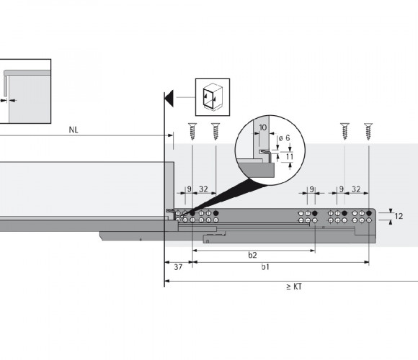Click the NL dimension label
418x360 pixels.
pyautogui.click(x=74, y=130)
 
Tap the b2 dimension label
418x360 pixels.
pyautogui.click(x=252, y=255)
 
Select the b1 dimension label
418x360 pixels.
pyautogui.click(x=265, y=267)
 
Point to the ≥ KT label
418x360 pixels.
pyautogui.click(x=294, y=287)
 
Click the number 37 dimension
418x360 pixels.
pyautogui.click(x=178, y=267)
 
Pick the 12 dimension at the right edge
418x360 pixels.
pyautogui.click(x=399, y=216)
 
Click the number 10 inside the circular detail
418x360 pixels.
pyautogui.click(x=262, y=127)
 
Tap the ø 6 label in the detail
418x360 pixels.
pyautogui.click(x=284, y=138)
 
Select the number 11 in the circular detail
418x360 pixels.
pyautogui.click(x=289, y=156)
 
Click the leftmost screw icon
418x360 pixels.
pyautogui.click(x=192, y=131)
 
